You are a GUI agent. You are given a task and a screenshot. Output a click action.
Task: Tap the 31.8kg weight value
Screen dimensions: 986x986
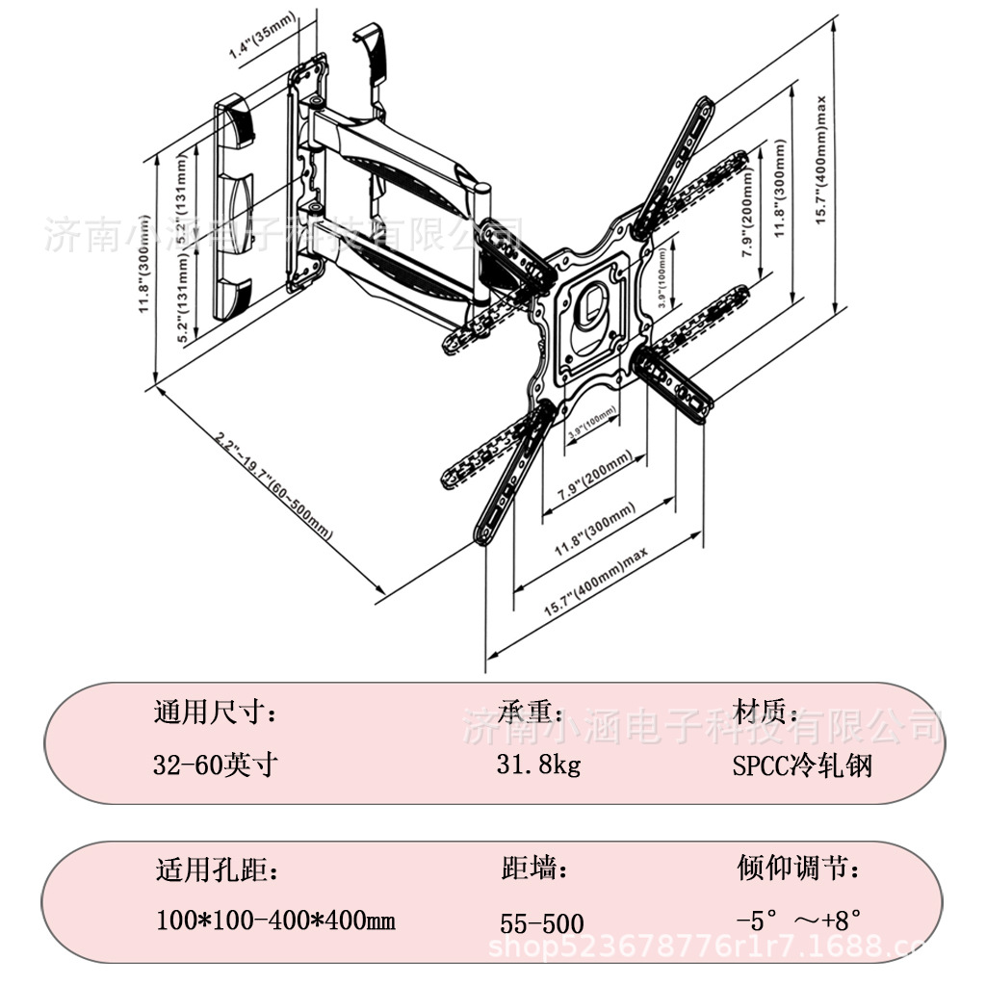(x=539, y=765)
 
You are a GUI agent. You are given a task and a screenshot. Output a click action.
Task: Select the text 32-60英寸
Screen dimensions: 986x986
(x=217, y=765)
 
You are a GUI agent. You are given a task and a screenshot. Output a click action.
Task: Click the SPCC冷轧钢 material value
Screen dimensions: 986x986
(x=801, y=766)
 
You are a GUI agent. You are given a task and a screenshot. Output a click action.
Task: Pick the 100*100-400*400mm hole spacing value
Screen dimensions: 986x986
(x=275, y=921)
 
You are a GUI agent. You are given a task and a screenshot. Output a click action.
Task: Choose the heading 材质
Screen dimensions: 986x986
(x=766, y=713)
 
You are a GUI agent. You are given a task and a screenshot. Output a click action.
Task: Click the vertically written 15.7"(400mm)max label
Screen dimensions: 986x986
(x=820, y=159)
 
